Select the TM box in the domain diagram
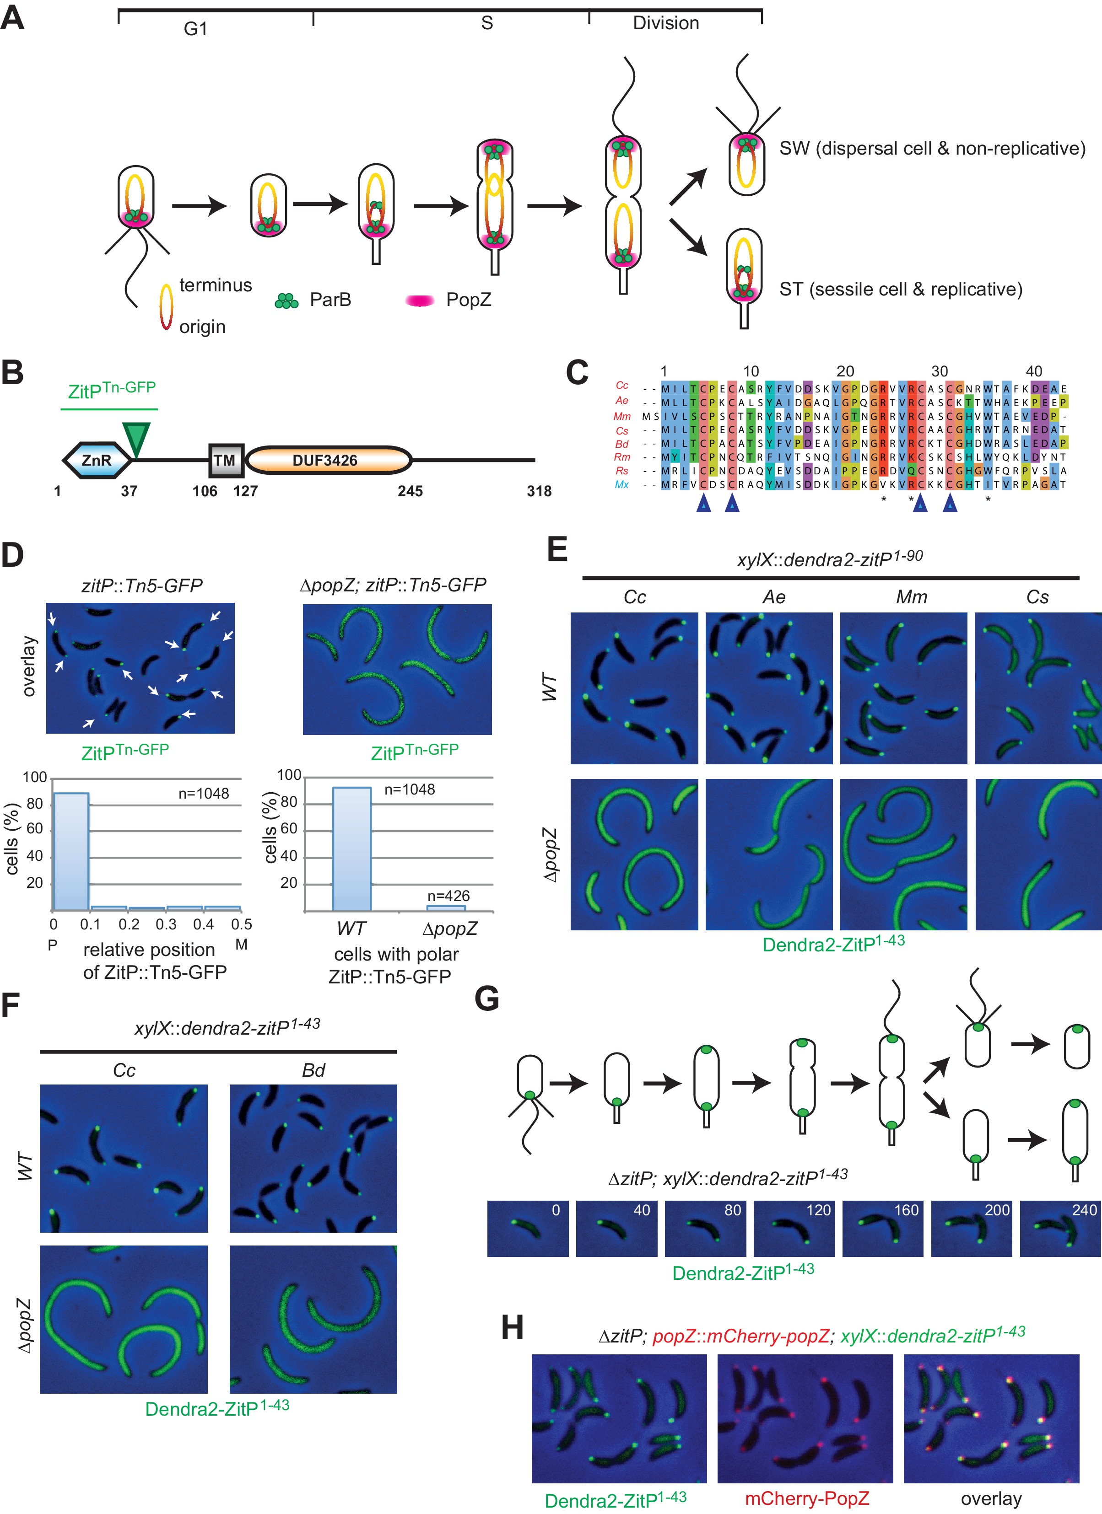(x=225, y=460)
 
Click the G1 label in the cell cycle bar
(x=196, y=29)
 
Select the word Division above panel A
(x=665, y=23)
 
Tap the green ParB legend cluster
(x=286, y=302)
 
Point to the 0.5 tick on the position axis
(x=241, y=924)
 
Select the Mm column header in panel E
(x=911, y=597)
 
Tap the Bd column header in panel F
(x=313, y=1071)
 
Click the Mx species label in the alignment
(x=622, y=485)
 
